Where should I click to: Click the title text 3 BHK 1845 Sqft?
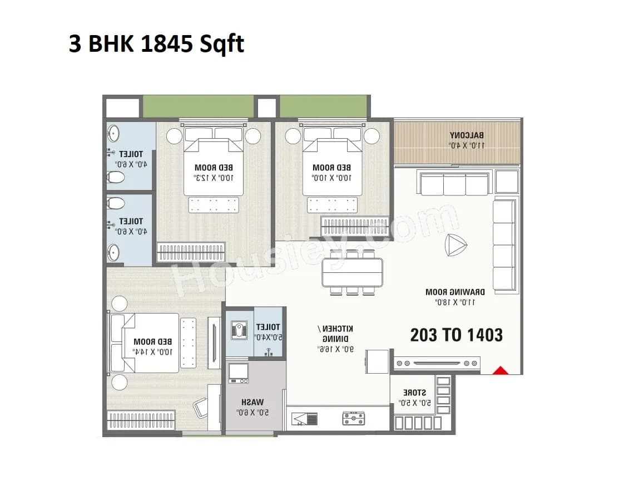(156, 43)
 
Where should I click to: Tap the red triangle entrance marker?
(502, 370)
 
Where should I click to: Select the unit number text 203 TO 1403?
(456, 335)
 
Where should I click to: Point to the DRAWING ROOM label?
(455, 292)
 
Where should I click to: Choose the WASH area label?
(252, 402)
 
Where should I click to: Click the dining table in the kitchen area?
(352, 272)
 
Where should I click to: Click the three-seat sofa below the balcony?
(454, 184)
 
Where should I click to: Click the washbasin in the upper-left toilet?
(114, 134)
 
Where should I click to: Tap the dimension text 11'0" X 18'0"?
(454, 302)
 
